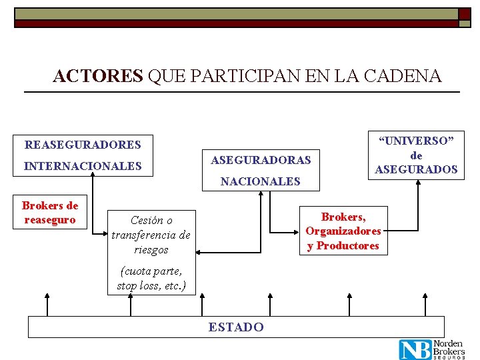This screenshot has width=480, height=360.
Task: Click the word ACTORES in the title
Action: click(97, 76)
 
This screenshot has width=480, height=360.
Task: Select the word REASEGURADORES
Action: click(83, 145)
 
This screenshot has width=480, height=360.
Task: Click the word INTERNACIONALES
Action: click(83, 166)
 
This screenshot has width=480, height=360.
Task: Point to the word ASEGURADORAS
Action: click(261, 160)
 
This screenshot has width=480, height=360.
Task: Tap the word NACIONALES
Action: click(261, 181)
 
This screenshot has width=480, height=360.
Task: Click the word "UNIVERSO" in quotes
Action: click(416, 141)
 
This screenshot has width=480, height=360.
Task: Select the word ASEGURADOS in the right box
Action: click(416, 169)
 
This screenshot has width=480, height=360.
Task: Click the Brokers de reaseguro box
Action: click(51, 213)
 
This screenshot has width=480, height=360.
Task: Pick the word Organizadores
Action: click(343, 231)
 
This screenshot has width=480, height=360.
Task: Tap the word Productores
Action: click(347, 245)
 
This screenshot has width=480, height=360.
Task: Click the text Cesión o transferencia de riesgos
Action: click(151, 235)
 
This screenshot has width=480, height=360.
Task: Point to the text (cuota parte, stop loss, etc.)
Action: click(152, 279)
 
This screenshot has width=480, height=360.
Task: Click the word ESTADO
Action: click(236, 327)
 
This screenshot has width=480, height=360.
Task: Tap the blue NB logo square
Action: click(415, 349)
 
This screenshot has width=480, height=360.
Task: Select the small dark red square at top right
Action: click(464, 13)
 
